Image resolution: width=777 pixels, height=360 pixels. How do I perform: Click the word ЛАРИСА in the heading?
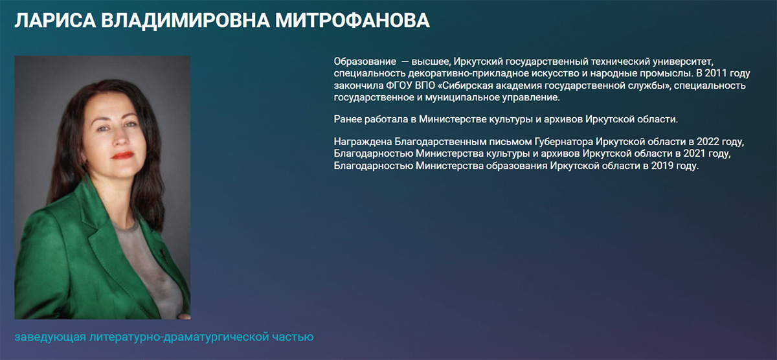pos(55,21)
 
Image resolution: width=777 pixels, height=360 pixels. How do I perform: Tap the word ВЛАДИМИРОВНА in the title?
pos(186,21)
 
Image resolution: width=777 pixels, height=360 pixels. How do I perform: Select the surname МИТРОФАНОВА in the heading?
pos(352,21)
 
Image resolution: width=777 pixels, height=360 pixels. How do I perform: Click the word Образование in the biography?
pos(365,62)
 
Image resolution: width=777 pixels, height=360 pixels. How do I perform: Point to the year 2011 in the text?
pos(715,74)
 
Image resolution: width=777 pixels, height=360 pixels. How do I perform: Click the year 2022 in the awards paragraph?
pos(708,142)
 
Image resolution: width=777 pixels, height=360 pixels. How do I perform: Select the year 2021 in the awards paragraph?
pos(694,153)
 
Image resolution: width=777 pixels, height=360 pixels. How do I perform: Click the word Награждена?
pos(363,142)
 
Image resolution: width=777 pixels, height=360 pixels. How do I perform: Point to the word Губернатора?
pos(564,142)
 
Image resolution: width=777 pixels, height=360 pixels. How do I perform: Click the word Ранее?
pos(348,119)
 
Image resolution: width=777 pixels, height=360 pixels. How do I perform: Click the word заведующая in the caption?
pos(51,337)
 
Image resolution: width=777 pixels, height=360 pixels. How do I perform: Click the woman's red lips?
pos(122,155)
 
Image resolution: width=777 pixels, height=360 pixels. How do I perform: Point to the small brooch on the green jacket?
pos(162,255)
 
